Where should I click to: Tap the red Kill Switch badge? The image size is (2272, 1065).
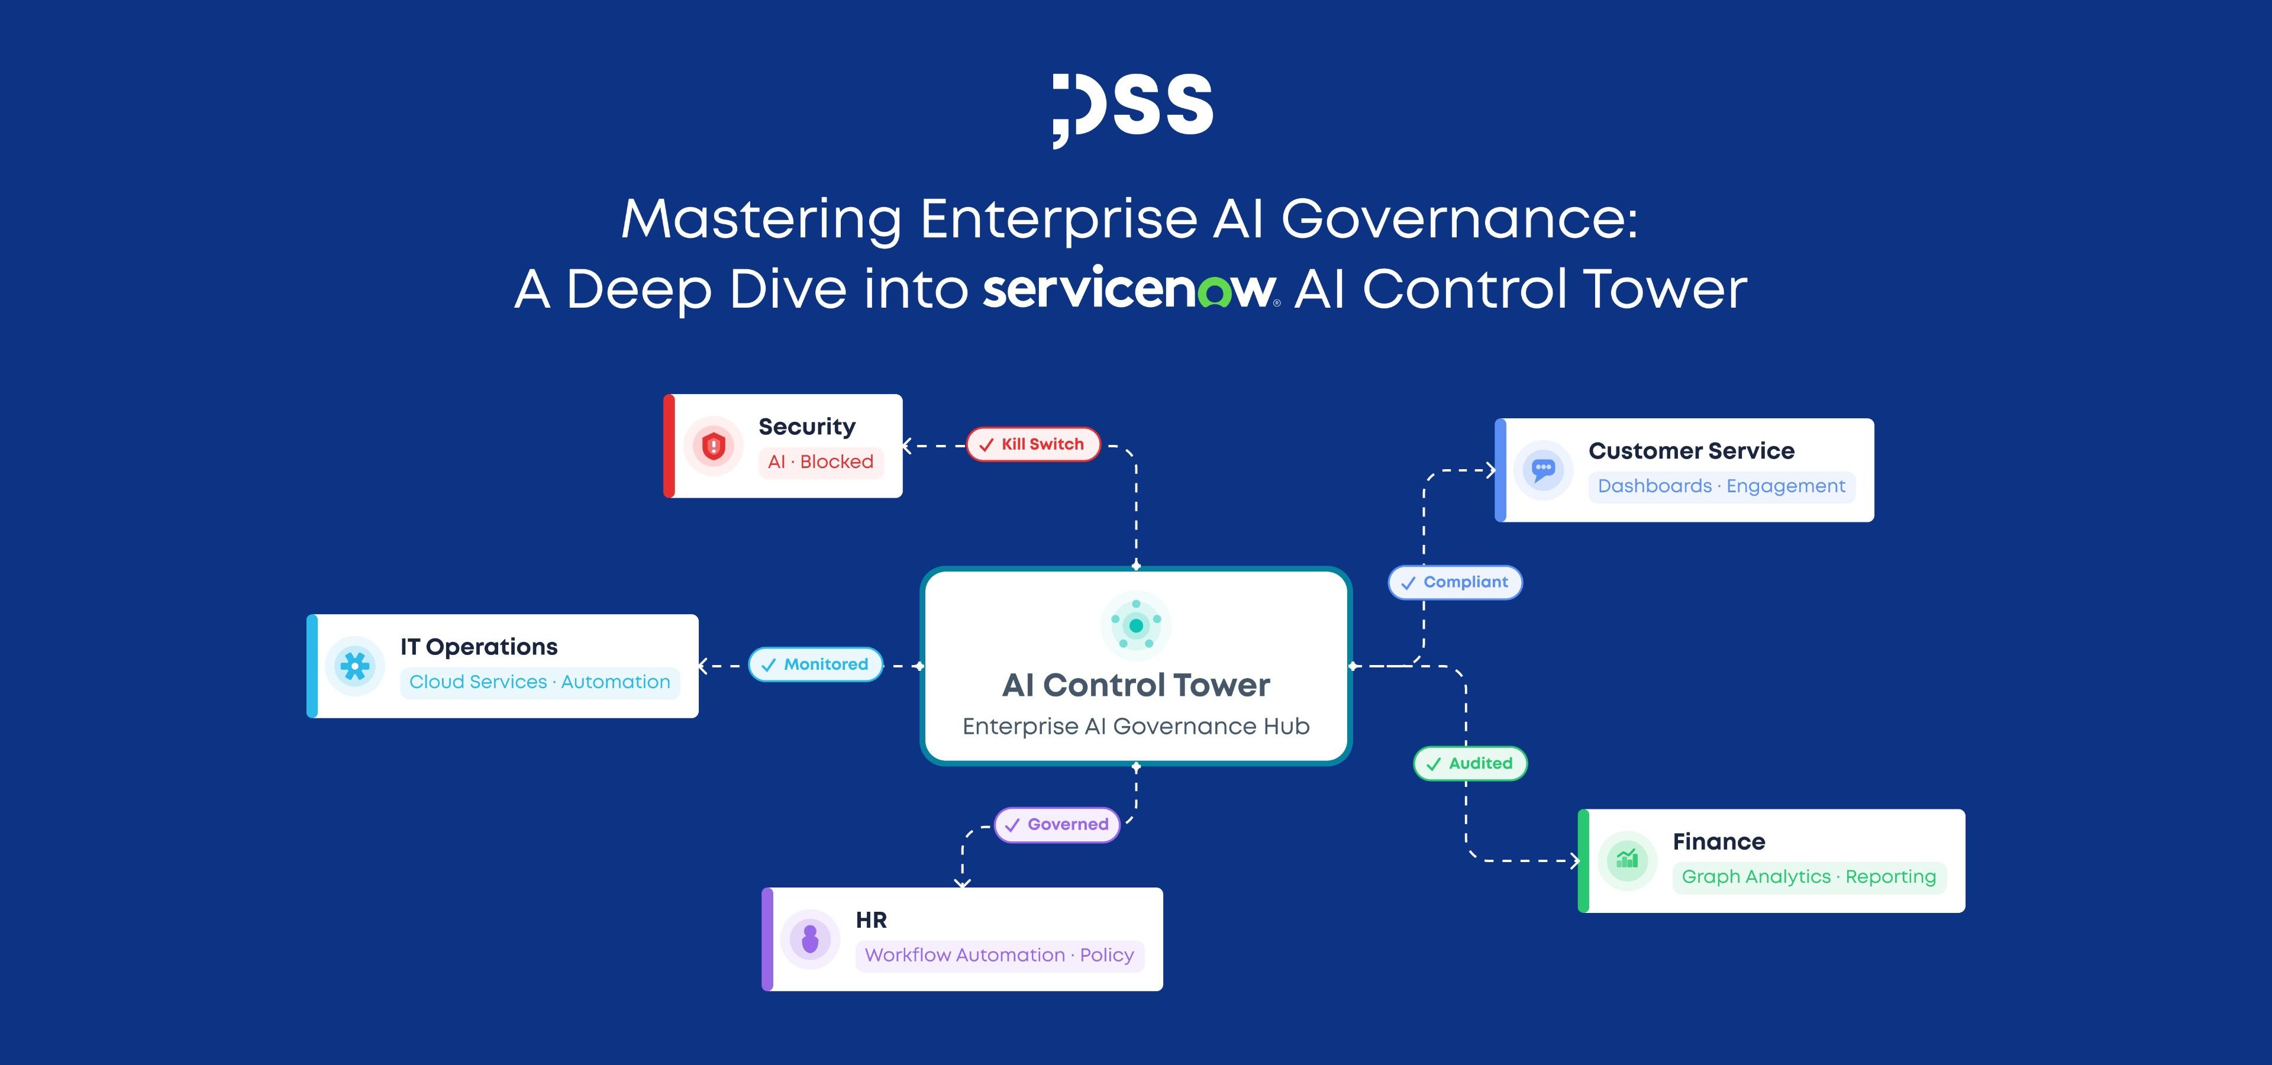coord(1034,444)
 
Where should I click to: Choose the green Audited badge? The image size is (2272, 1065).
coord(1470,763)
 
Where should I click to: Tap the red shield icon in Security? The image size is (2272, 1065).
coord(714,446)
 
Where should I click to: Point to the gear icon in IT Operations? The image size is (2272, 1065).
coord(354,666)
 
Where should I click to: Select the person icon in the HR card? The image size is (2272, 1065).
coord(809,939)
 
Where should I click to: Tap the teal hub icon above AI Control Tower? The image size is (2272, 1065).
coord(1136,625)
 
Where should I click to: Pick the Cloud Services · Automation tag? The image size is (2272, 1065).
coord(540,682)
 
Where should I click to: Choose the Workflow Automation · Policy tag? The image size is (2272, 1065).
coord(999,956)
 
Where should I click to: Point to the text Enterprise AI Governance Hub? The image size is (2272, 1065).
coord(1136,727)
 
